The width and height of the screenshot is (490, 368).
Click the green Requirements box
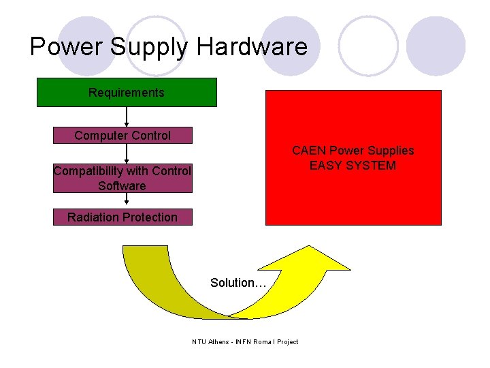(x=127, y=93)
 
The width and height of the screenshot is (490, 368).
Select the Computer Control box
(x=122, y=135)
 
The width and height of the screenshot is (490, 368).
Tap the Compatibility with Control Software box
(x=122, y=178)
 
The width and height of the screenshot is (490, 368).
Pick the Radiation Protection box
(x=122, y=217)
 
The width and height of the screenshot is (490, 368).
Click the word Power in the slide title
(x=65, y=47)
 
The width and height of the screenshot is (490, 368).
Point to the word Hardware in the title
(x=252, y=47)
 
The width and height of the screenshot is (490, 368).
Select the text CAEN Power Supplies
(x=353, y=151)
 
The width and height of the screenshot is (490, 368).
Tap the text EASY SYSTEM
(x=353, y=166)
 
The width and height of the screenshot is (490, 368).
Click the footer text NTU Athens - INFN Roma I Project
(x=245, y=341)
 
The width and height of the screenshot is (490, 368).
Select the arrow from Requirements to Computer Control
(x=127, y=117)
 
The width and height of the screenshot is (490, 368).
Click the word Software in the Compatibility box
(x=122, y=185)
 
